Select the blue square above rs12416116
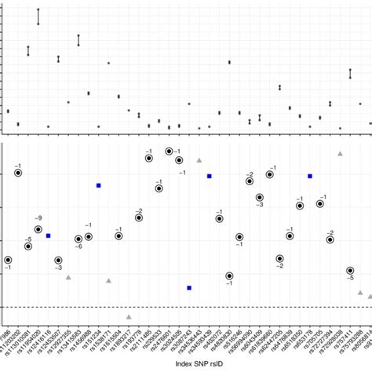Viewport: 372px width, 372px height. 49,235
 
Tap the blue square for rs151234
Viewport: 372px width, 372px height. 99,185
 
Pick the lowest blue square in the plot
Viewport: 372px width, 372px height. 189,288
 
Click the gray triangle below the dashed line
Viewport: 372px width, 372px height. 129,317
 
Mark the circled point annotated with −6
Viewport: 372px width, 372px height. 78,239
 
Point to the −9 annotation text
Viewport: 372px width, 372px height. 38,217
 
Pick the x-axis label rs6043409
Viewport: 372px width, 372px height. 253,337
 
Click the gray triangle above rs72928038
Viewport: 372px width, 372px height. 340,154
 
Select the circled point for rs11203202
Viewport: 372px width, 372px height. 18,173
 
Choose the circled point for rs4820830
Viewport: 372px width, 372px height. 229,275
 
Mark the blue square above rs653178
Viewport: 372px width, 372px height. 310,177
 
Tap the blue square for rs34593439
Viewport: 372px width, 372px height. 210,176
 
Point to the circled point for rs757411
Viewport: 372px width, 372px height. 350,272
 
